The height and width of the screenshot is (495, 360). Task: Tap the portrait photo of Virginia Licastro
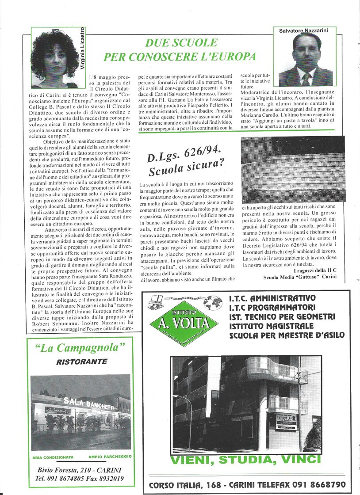point(55,58)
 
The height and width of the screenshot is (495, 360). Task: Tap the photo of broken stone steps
point(293,170)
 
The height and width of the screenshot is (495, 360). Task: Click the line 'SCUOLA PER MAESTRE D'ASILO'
point(287,335)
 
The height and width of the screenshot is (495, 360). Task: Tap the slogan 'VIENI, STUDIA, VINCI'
point(245,460)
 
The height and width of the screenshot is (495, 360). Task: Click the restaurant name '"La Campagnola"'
point(77,348)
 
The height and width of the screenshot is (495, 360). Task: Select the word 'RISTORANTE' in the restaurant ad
point(82,362)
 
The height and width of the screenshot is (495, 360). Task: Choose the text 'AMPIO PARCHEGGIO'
point(110,457)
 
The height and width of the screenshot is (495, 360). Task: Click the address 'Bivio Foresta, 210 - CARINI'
point(80,470)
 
